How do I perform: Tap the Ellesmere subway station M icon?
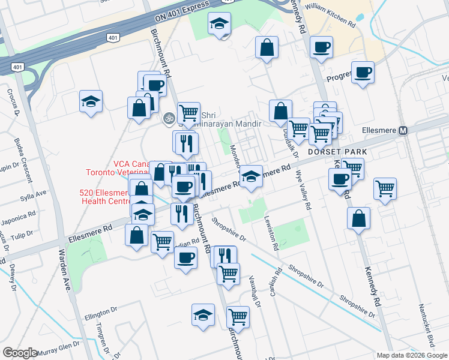tap(403, 130)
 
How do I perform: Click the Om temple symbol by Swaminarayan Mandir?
tap(169, 119)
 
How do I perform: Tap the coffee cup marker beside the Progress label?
tap(363, 73)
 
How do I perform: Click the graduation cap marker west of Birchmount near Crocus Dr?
tap(91, 101)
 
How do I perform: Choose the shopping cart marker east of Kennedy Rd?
tap(385, 189)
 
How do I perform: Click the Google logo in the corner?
tap(20, 353)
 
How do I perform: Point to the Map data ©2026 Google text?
tap(412, 355)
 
